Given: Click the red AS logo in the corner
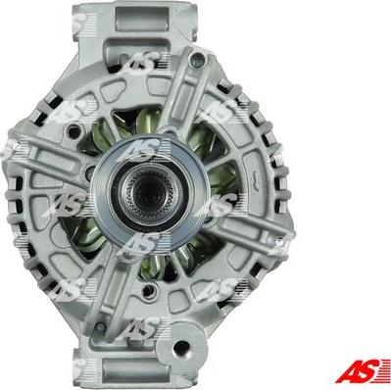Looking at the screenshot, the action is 363,370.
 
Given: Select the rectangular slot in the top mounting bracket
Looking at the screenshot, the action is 142,19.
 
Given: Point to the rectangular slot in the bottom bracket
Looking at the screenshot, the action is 135,370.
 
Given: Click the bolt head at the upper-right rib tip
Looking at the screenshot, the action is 198,59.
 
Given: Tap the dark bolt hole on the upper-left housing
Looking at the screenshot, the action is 74,131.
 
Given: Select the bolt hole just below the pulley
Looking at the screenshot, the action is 149,289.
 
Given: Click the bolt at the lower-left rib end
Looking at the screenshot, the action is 100,326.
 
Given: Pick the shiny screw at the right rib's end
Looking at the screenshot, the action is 278,242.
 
